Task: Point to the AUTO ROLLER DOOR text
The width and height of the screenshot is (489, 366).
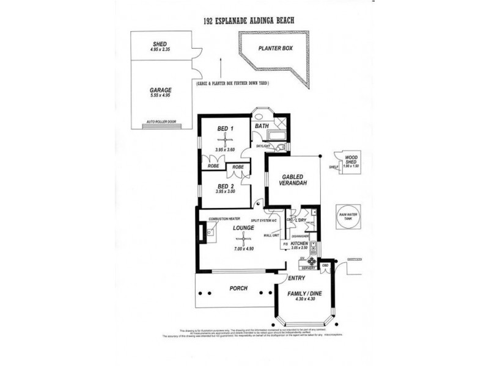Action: [x=161, y=122]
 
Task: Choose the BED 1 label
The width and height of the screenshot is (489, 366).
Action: [x=226, y=129]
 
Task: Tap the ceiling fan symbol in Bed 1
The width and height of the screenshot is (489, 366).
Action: [x=225, y=141]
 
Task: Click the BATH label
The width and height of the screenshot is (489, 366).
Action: [x=263, y=126]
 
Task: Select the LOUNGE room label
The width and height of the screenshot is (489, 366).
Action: [x=243, y=228]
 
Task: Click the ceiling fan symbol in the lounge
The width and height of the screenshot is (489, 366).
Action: [x=243, y=239]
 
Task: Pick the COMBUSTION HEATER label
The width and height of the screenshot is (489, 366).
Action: [x=223, y=218]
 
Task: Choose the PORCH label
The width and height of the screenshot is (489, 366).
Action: [x=238, y=288]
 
